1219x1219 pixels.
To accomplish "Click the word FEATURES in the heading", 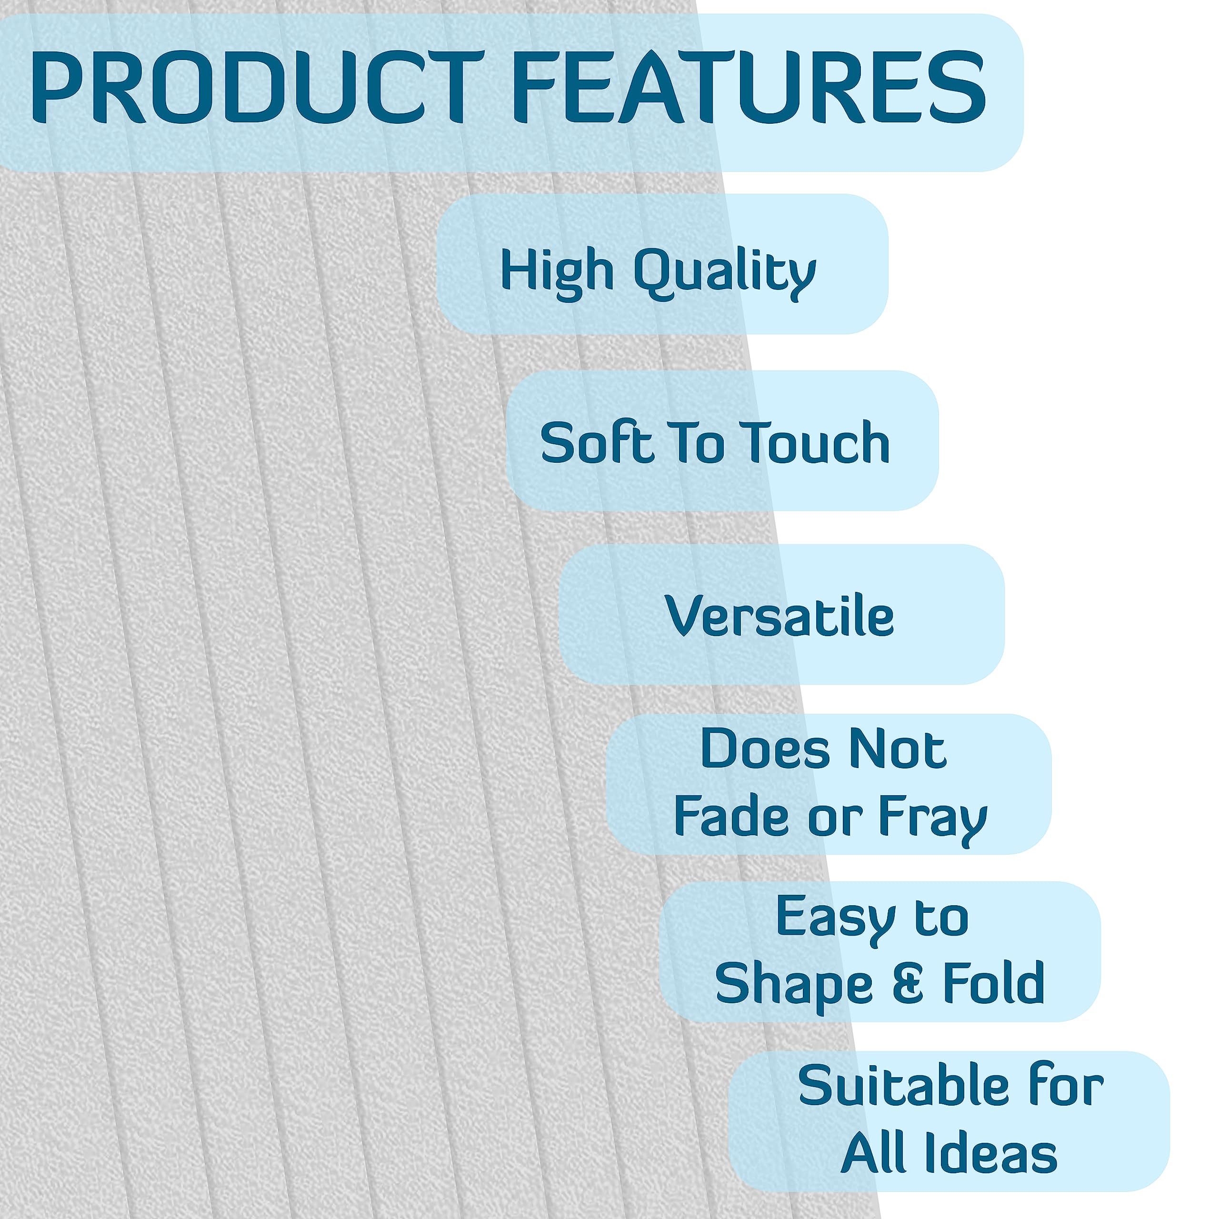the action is click(x=749, y=87).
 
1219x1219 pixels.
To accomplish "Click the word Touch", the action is click(x=815, y=442).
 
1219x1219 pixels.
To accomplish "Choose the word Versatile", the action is click(x=779, y=615).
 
